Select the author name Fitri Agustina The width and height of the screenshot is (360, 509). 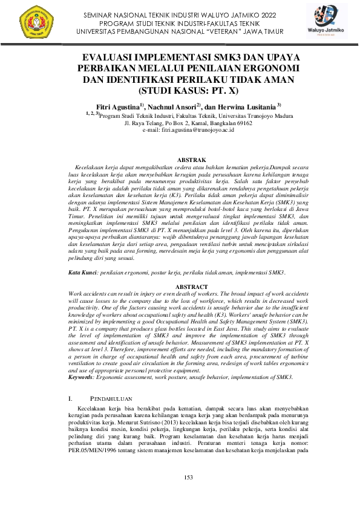(x=120, y=106)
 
